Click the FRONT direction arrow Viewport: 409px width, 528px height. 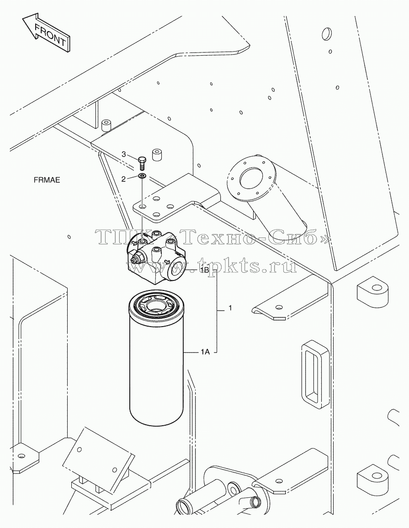(46, 33)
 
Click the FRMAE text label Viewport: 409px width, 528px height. (47, 180)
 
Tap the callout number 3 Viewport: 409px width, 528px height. (124, 154)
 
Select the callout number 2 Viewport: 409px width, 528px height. (123, 179)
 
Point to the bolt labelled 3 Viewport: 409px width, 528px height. (142, 164)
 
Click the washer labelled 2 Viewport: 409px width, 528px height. (142, 176)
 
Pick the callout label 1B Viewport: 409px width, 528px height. (204, 270)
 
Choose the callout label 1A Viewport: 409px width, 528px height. (205, 352)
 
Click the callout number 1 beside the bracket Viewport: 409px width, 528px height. (230, 308)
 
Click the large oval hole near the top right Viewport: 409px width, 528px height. (325, 33)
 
